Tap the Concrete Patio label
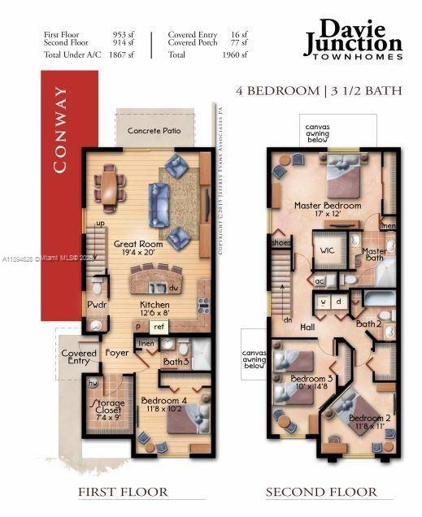tap(154, 130)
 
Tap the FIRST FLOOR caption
tap(123, 492)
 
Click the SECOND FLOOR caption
tap(322, 492)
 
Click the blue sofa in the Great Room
tap(158, 204)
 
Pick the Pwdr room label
tap(98, 306)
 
